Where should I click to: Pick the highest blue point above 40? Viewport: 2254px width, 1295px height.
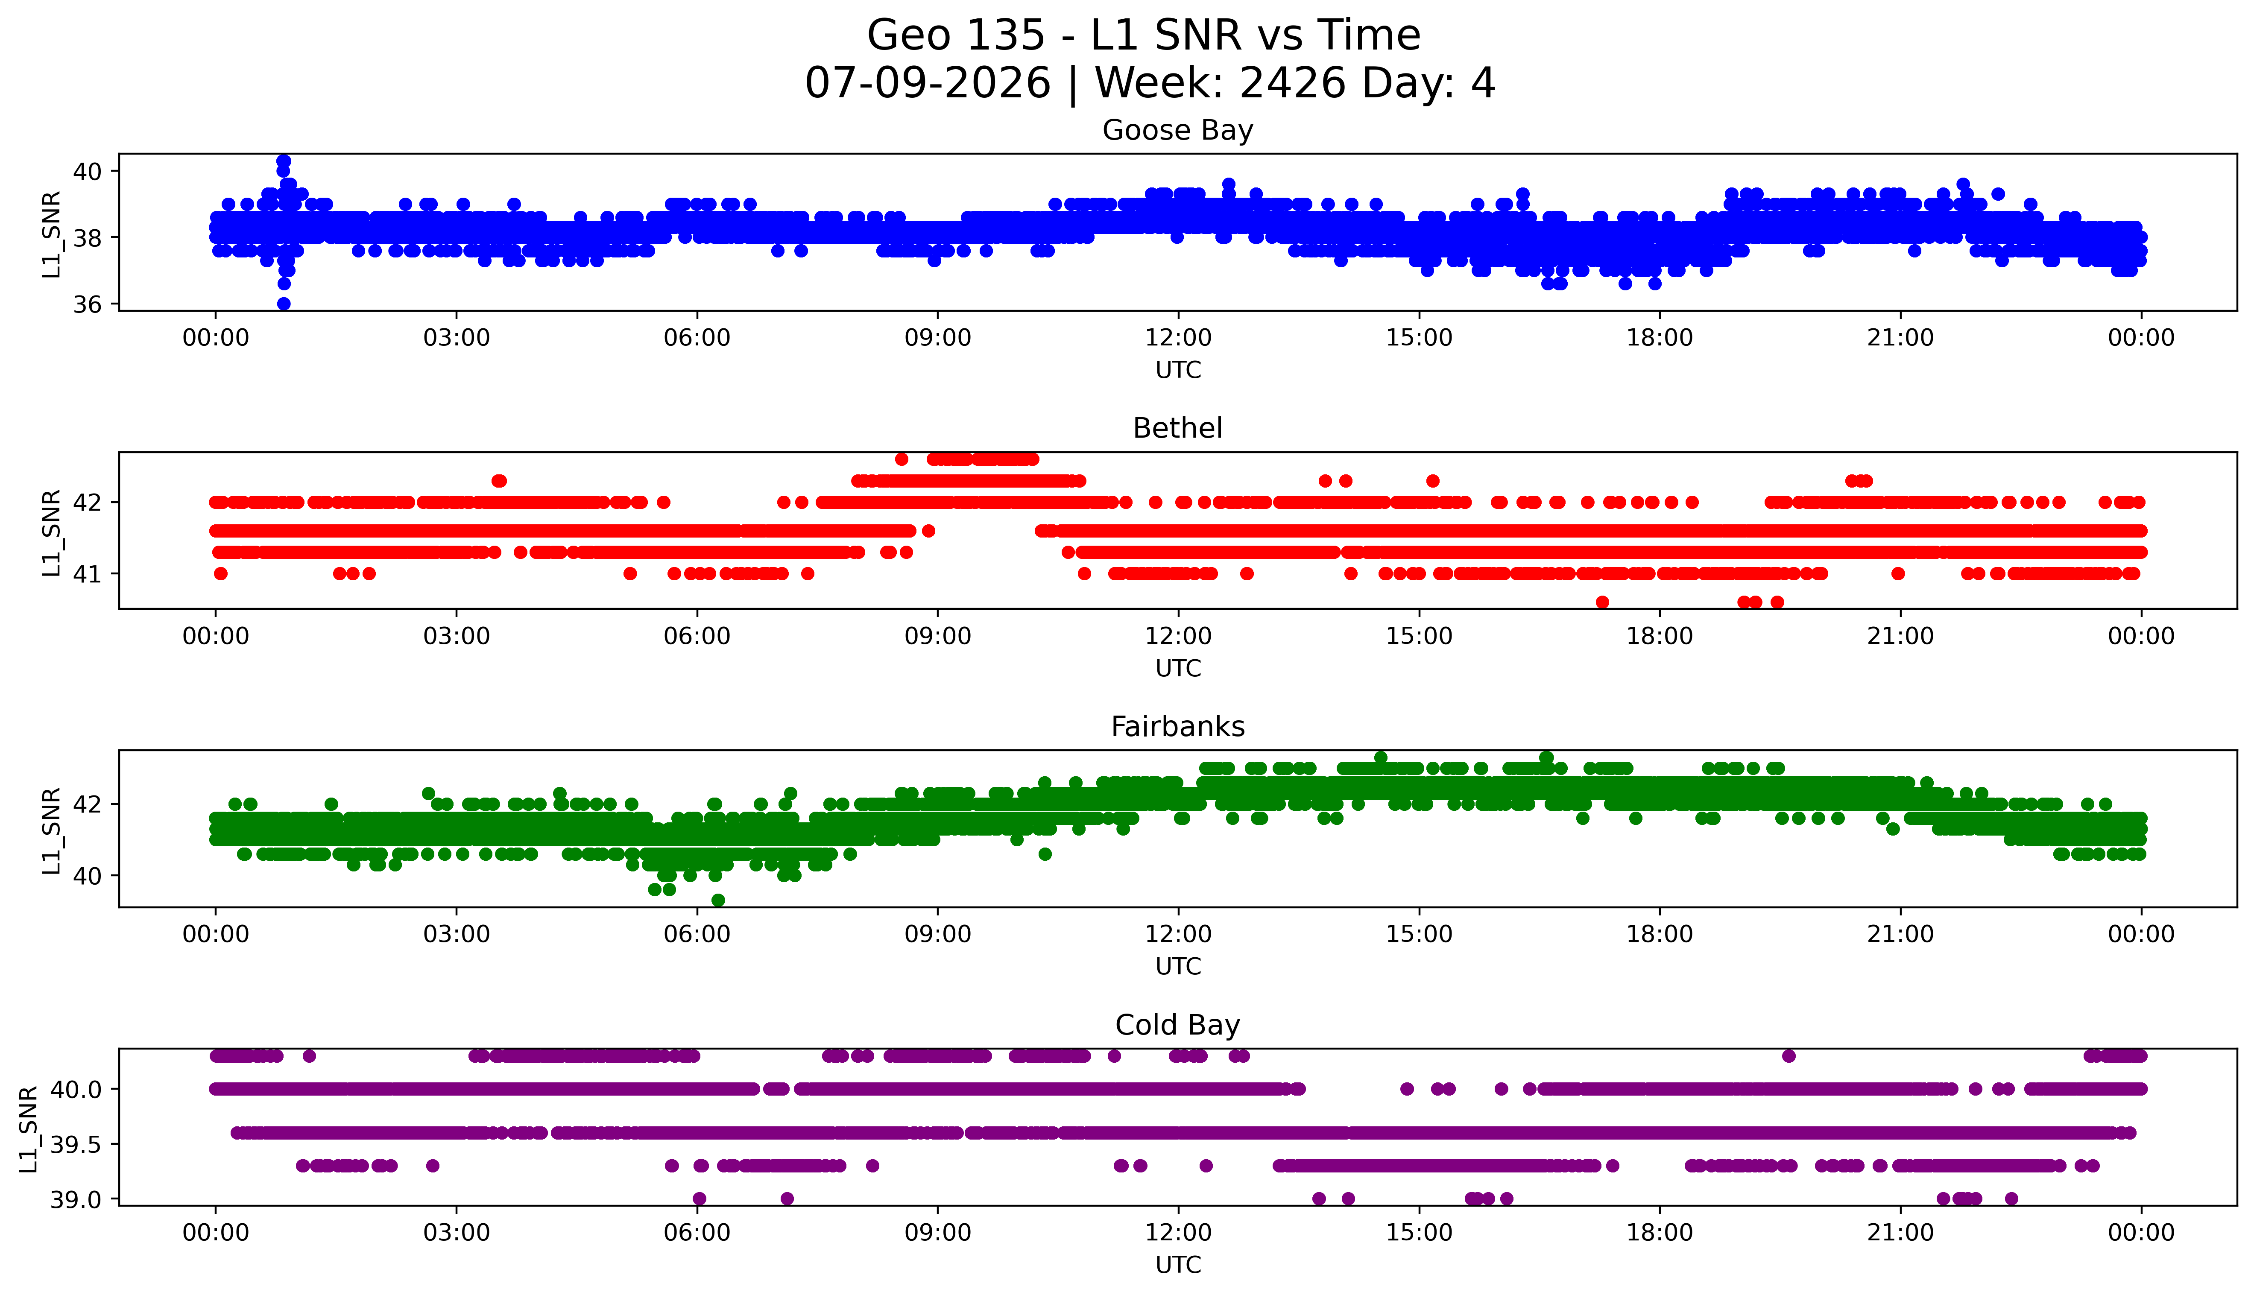(284, 161)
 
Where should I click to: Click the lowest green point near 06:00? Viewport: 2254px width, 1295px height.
(718, 900)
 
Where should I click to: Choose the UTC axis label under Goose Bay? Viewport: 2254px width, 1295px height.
(1178, 370)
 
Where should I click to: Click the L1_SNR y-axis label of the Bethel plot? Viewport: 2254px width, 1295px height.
(52, 532)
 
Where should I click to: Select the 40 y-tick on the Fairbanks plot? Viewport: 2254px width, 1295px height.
(87, 876)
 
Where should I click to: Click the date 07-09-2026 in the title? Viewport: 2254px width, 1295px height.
(928, 84)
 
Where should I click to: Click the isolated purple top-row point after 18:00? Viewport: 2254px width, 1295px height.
(1789, 1056)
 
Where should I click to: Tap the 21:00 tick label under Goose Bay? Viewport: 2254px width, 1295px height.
(1900, 338)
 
